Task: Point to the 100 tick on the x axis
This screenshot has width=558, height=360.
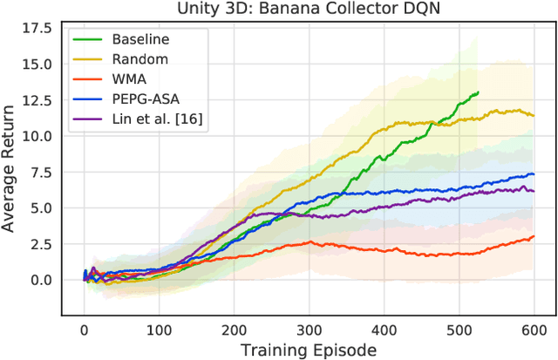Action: [x=159, y=330]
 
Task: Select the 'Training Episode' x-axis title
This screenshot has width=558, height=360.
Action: [x=308, y=350]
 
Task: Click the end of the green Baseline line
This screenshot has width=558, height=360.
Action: [x=478, y=92]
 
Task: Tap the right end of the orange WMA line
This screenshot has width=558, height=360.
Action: [x=534, y=236]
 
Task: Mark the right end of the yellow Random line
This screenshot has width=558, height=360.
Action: [x=534, y=114]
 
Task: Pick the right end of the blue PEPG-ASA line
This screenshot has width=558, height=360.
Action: [x=534, y=173]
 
